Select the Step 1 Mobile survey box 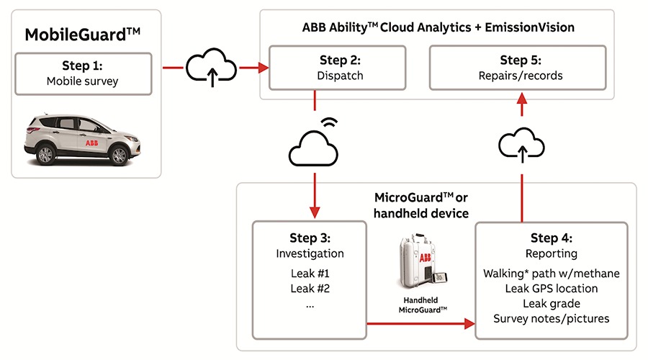click(82, 73)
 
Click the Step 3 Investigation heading click(310, 246)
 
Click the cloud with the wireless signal click(315, 146)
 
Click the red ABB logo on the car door click(91, 142)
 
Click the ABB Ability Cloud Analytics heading click(438, 27)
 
